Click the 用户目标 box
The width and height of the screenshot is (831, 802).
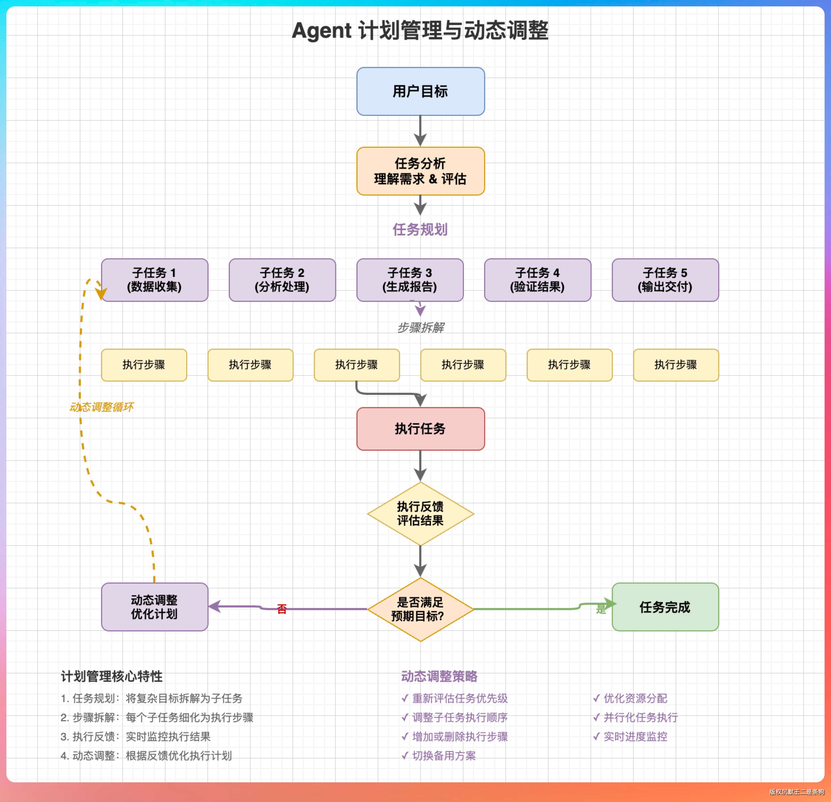coord(420,91)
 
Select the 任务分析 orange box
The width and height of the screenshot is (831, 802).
coord(420,171)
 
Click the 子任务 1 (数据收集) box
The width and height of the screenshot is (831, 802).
coord(155,280)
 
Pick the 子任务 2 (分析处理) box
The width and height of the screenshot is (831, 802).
coord(282,280)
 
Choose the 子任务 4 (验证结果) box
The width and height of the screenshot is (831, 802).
coord(538,280)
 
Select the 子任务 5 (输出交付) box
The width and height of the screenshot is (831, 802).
coord(665,280)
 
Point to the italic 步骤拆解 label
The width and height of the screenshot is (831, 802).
coord(421,327)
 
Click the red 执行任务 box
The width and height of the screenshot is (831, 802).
coord(420,429)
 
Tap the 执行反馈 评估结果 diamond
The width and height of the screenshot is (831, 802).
coord(420,513)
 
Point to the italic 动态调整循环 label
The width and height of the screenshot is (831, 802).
coord(102,407)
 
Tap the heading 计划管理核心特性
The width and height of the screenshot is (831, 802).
coord(111,676)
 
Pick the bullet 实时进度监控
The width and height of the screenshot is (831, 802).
coord(635,736)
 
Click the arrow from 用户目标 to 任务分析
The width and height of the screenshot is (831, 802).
coord(420,130)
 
